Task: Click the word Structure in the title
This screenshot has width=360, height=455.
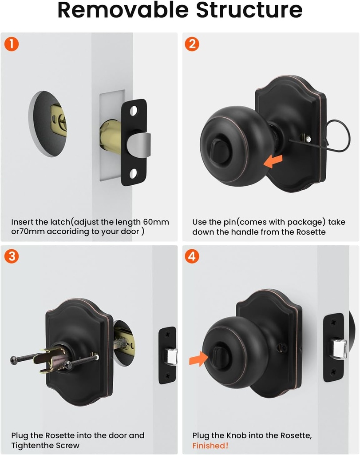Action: tap(249, 11)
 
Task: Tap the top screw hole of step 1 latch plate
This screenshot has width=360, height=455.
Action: tap(134, 109)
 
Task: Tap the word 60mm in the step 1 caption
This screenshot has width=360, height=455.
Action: tap(154, 222)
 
